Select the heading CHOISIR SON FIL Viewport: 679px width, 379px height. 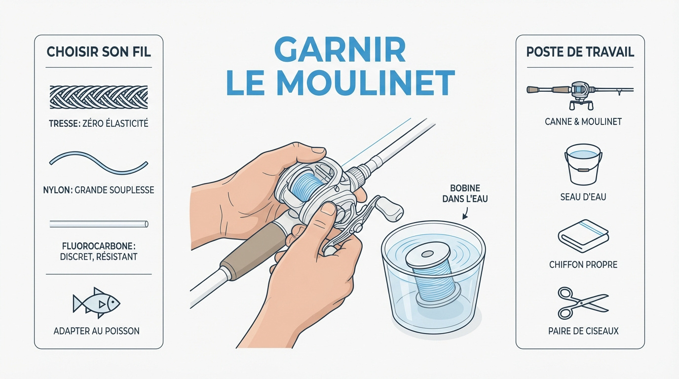[x=99, y=51]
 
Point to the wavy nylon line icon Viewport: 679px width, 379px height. [x=99, y=163]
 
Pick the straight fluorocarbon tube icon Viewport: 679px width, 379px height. [x=99, y=224]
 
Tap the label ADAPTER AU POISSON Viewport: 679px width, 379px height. [x=97, y=331]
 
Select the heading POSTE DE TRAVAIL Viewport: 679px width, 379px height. [x=580, y=52]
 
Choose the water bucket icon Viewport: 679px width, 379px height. [x=583, y=164]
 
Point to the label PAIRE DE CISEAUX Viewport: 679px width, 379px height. [x=583, y=331]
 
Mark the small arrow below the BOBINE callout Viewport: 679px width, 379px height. [x=465, y=214]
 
